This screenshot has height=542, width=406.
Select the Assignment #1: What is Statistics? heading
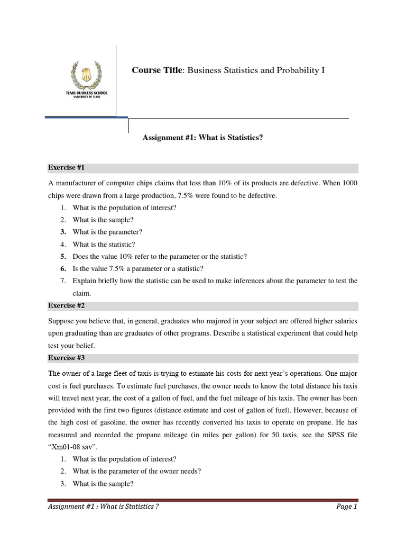tap(203, 138)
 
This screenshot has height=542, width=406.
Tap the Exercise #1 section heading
tap(66, 168)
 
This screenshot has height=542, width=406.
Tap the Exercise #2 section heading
tap(66, 305)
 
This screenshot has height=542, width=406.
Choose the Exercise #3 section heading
tap(66, 357)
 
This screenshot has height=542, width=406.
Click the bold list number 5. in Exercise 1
tap(62, 256)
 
